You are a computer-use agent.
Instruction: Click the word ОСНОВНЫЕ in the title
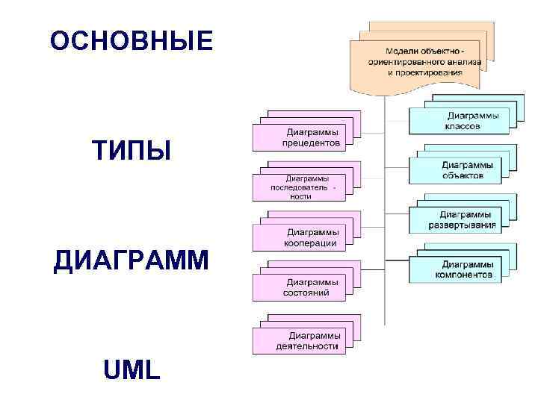coord(132,42)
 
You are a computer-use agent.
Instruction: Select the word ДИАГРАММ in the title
coord(132,263)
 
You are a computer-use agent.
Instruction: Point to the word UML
coord(132,368)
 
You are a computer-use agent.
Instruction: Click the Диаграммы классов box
coord(460,121)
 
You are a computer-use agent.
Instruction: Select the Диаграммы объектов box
coord(460,169)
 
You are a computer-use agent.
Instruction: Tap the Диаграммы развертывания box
coord(460,219)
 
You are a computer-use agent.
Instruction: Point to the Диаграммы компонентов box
coord(460,269)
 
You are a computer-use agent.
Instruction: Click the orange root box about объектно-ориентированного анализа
coord(415,60)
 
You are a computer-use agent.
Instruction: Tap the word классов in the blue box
coord(463,126)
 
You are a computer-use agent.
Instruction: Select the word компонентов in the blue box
coord(463,274)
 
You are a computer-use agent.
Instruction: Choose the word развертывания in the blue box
coord(462,225)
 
